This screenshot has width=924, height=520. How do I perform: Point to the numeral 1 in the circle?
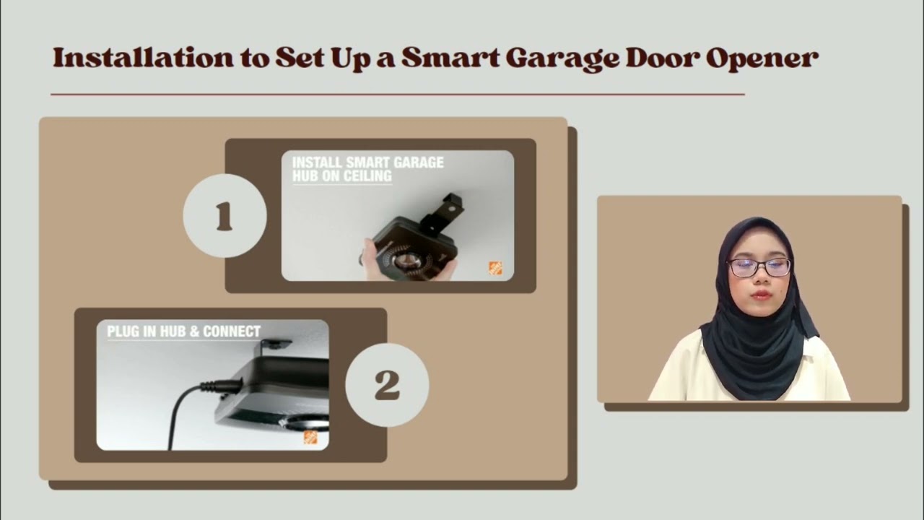(225, 216)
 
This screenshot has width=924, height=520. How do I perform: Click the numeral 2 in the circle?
(387, 385)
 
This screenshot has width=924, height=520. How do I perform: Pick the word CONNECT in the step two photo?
(232, 331)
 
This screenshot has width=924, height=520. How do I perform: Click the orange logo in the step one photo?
(495, 268)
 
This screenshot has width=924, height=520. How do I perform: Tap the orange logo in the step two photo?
(310, 437)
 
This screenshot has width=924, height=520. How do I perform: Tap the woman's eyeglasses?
(759, 267)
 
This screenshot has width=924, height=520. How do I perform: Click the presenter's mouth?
(759, 295)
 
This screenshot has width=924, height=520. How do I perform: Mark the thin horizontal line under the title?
(397, 94)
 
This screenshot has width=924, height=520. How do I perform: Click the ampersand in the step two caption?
(193, 331)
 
